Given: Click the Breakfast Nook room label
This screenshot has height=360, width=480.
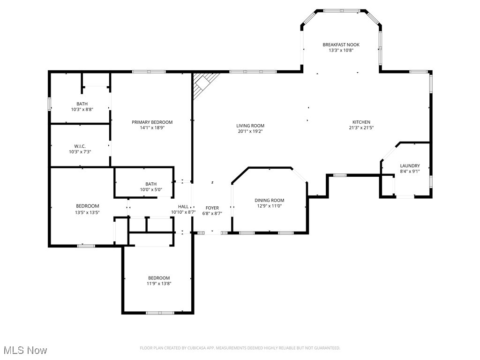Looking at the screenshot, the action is click(x=341, y=45).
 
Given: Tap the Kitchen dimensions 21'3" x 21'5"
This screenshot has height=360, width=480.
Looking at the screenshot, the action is click(x=361, y=127).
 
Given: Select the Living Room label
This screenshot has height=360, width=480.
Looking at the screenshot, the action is click(x=250, y=126).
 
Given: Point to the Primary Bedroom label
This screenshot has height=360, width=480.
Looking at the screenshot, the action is click(x=152, y=122).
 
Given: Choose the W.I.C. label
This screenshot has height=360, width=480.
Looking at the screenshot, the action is click(x=80, y=146).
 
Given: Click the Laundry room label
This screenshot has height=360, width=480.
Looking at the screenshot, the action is click(x=410, y=166).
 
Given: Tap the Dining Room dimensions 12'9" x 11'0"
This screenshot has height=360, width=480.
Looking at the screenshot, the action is click(x=270, y=206).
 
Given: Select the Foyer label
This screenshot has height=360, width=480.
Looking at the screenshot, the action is click(x=212, y=208).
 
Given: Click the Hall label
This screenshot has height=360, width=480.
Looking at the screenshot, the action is click(x=183, y=207).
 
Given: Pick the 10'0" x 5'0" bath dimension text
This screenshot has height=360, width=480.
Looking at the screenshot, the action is click(x=151, y=189).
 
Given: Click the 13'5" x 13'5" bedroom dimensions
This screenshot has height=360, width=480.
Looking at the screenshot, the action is click(x=88, y=212).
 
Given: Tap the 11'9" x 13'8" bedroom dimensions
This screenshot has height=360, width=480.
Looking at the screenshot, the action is click(x=159, y=284).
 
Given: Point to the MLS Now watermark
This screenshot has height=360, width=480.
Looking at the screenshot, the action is click(x=25, y=350).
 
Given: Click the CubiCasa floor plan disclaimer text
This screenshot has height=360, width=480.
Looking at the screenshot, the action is click(x=240, y=348).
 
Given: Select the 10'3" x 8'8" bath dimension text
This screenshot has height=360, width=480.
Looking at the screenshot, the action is click(x=82, y=109).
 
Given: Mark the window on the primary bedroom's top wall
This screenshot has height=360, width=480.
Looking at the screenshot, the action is click(x=149, y=72).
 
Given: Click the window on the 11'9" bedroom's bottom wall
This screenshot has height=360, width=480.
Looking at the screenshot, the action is click(x=160, y=313).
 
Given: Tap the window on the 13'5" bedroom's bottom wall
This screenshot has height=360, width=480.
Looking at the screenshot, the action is click(x=86, y=246).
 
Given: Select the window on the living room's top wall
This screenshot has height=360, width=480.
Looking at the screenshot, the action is click(x=253, y=72).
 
